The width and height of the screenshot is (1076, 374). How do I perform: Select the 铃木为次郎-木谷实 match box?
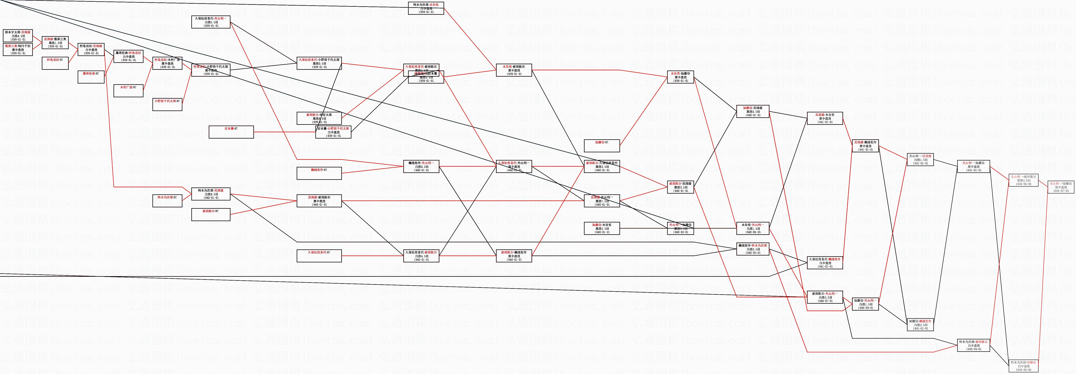pos(426,8)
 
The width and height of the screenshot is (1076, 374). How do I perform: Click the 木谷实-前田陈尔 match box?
pos(514,70)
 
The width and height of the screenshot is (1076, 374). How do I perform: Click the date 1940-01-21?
pos(602,232)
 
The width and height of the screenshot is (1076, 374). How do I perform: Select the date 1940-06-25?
pos(753,232)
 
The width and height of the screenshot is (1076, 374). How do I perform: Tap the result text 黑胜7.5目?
pos(602,201)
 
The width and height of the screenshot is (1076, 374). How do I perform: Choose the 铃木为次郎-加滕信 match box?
pos(1023,366)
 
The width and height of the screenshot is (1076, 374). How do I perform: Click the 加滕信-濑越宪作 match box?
pos(920,325)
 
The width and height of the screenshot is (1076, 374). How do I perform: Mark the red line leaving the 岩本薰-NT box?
pos(284,132)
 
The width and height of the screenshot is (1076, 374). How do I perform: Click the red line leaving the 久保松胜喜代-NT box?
pos(372,256)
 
